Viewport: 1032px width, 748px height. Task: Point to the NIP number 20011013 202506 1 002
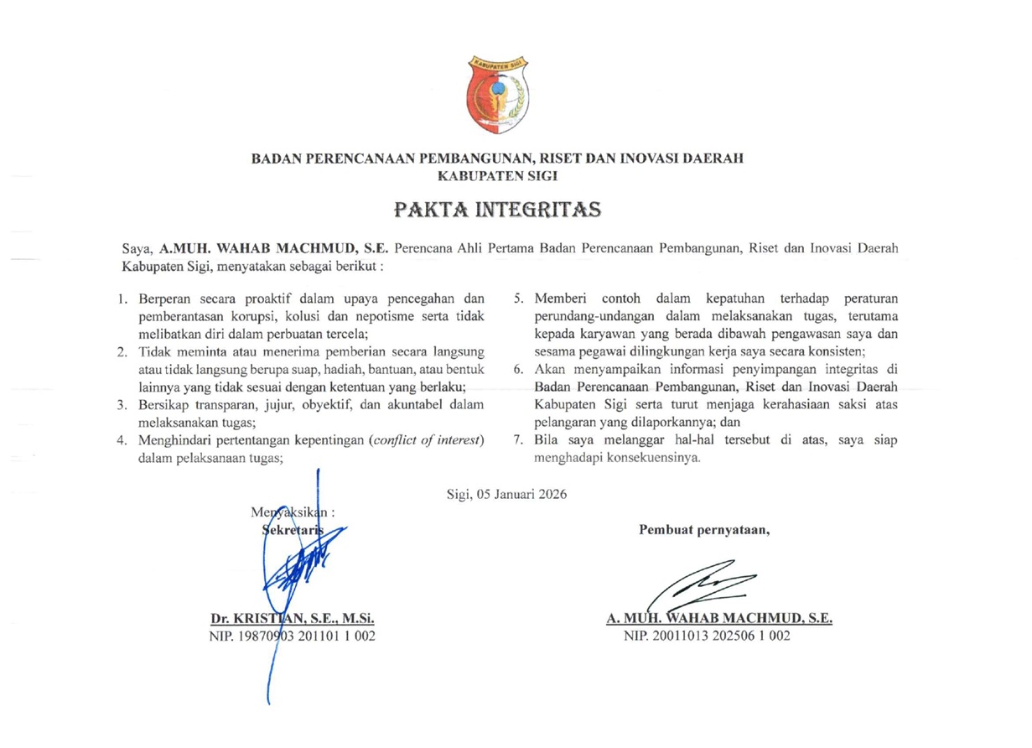(707, 636)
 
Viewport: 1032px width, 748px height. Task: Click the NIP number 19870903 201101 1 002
(291, 636)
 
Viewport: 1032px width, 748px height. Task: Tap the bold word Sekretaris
(293, 528)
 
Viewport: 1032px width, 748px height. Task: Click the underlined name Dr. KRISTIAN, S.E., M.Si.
(291, 620)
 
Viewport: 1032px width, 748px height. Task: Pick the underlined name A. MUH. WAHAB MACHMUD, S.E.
(719, 620)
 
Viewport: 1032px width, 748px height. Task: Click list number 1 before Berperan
(122, 299)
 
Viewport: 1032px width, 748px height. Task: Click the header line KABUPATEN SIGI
(498, 176)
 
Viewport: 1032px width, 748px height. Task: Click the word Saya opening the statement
(136, 249)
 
